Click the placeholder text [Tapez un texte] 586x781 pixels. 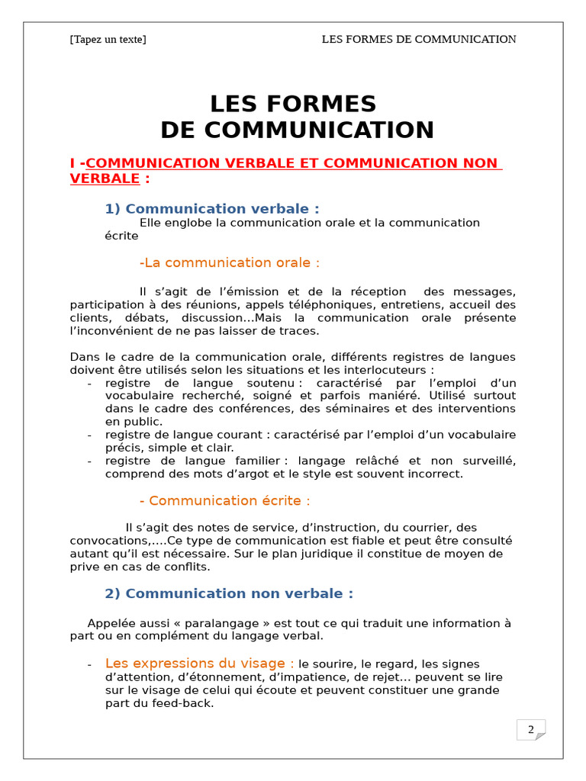tap(108, 40)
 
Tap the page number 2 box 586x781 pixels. tap(531, 730)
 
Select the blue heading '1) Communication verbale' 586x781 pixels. tap(211, 209)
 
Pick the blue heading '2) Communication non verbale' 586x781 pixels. tap(228, 593)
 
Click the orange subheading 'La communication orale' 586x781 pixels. tap(230, 262)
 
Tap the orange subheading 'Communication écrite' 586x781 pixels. tap(226, 500)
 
